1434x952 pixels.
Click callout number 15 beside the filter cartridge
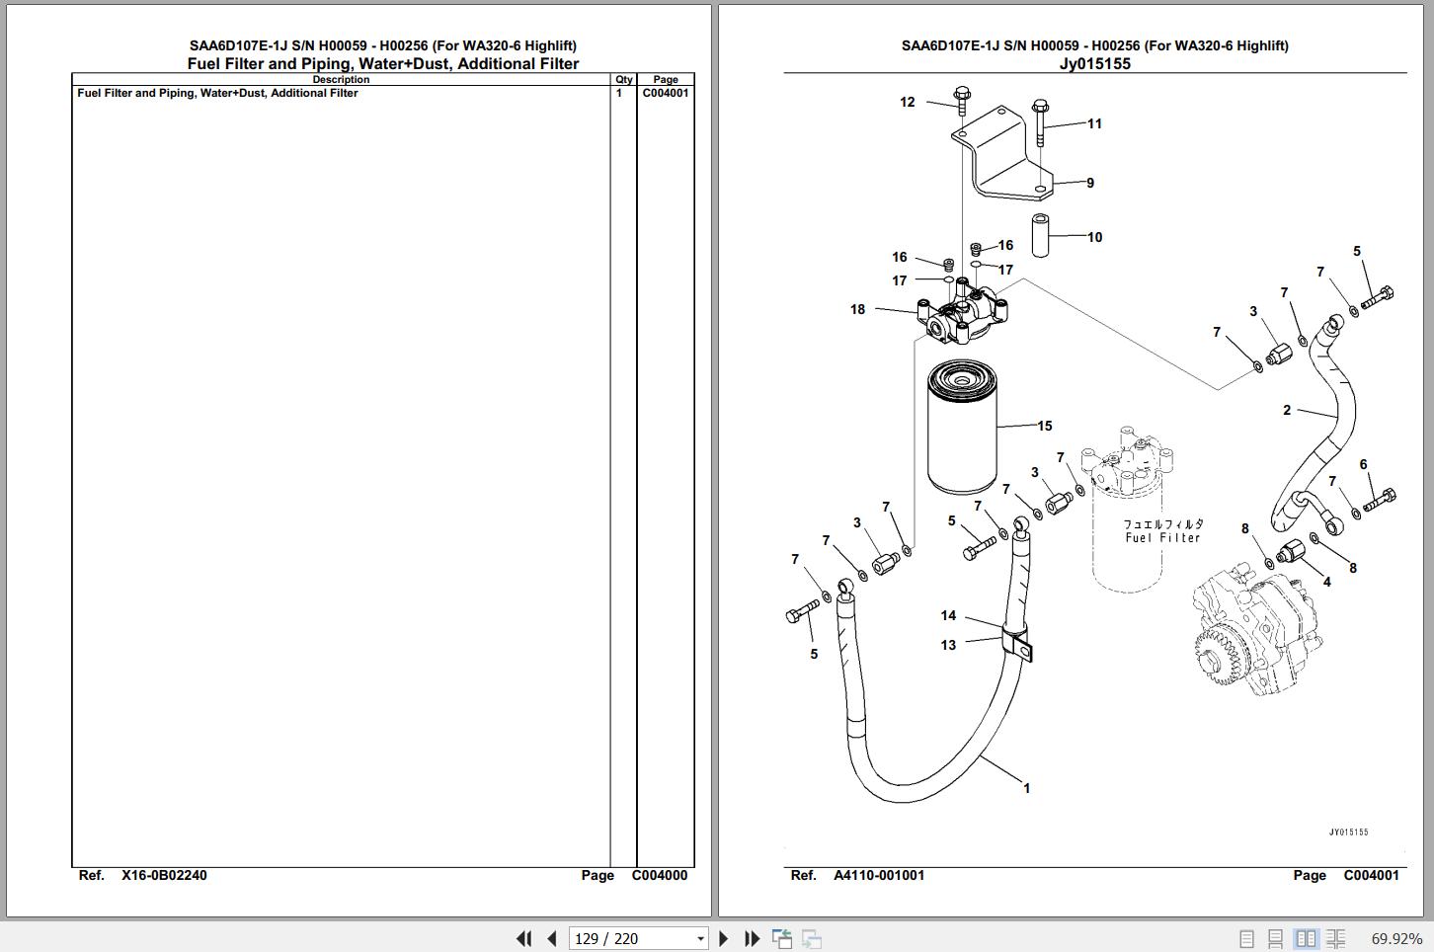coord(1045,426)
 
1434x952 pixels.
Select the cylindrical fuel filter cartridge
coord(962,430)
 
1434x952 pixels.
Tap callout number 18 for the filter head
coord(857,309)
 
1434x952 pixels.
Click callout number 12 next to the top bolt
coord(907,102)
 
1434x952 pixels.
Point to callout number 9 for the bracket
coord(1090,183)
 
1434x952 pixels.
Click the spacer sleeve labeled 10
coord(1040,235)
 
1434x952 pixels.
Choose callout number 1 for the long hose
coord(1026,788)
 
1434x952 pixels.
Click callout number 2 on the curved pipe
coord(1286,410)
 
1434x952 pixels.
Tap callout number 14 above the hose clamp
coord(948,615)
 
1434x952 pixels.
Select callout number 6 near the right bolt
coord(1363,464)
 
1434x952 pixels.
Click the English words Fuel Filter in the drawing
coord(1162,538)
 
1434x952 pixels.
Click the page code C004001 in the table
coord(666,93)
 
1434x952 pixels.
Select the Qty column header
coord(623,80)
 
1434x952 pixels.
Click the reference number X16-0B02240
coord(164,875)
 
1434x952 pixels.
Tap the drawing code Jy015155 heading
coord(1094,64)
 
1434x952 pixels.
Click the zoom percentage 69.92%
coord(1395,938)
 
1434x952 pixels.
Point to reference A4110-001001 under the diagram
coord(878,875)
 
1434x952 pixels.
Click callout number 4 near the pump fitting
coord(1326,582)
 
